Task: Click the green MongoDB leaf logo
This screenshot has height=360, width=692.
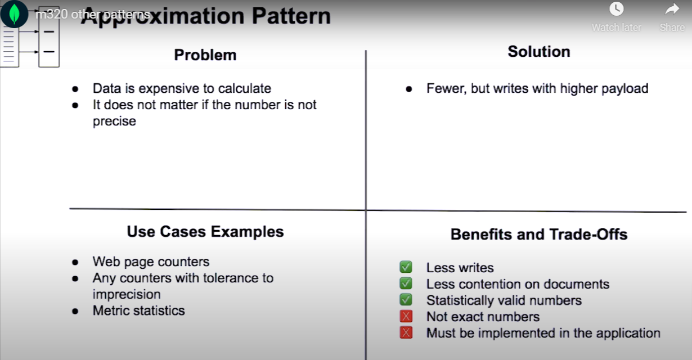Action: [x=14, y=14]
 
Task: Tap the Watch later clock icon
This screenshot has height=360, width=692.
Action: [x=616, y=9]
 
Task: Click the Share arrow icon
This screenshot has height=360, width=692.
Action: [x=672, y=9]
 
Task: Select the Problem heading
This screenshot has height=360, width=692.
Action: [x=205, y=55]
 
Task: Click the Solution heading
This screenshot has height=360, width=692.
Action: [x=539, y=51]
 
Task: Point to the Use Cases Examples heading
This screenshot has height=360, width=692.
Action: [x=205, y=232]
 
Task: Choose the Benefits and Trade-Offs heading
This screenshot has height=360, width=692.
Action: [x=539, y=235]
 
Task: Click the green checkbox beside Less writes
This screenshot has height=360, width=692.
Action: [x=406, y=267]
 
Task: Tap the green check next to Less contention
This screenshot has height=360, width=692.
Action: [x=406, y=283]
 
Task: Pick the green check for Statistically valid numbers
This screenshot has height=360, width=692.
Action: [x=406, y=300]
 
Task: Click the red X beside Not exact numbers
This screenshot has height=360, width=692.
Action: [x=406, y=316]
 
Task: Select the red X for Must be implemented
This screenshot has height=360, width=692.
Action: [x=406, y=332]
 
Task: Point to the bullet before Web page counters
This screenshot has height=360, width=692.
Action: [x=75, y=263]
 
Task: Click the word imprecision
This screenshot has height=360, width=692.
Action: [x=127, y=295]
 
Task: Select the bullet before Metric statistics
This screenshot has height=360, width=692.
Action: [x=75, y=311]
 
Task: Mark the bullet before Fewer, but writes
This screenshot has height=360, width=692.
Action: [x=408, y=89]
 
